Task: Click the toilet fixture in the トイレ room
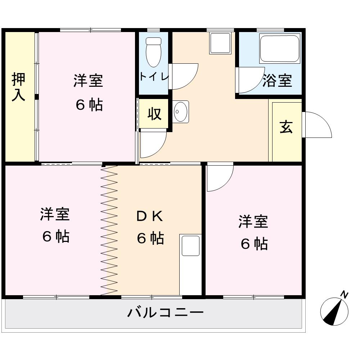click(x=154, y=52)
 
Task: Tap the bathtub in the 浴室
click(x=280, y=49)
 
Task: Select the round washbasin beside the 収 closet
click(x=180, y=112)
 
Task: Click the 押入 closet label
click(x=18, y=86)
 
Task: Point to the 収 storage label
click(x=154, y=114)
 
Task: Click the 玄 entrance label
click(x=286, y=127)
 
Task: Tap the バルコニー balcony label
click(x=165, y=312)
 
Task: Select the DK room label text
click(x=150, y=216)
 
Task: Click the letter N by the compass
click(x=344, y=294)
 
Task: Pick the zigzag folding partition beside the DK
click(x=109, y=230)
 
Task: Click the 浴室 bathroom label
click(x=277, y=81)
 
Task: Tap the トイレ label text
click(x=154, y=76)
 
